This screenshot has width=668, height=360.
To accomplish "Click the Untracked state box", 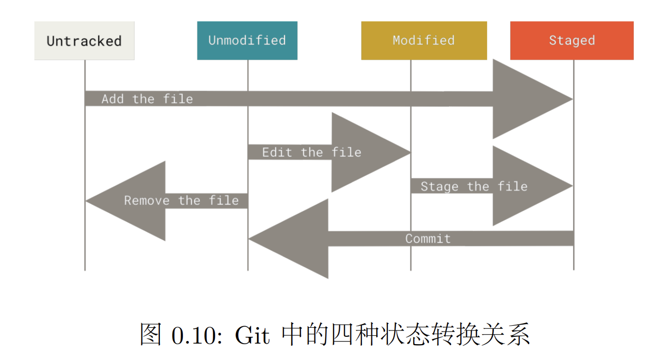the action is click(84, 41).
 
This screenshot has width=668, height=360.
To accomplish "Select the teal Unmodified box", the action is click(247, 41).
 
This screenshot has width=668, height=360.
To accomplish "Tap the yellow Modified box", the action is click(424, 41).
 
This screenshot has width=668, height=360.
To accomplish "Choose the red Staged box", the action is click(572, 41).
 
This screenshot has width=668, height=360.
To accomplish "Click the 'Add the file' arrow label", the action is click(147, 99).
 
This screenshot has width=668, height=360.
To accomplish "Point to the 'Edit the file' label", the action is click(312, 153).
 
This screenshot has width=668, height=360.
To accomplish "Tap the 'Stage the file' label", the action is click(474, 187).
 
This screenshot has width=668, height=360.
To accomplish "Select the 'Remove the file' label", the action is click(182, 201).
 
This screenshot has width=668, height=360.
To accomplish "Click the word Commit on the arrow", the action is click(428, 239).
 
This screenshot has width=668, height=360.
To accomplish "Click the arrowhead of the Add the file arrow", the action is click(532, 99).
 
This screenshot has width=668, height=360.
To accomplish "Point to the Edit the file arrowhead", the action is click(371, 153).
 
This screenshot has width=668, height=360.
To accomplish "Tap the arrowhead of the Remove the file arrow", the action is click(126, 201).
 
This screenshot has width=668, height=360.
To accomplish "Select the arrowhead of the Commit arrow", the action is click(289, 239).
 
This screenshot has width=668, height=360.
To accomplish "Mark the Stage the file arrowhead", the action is click(532, 186).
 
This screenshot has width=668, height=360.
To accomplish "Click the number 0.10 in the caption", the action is click(197, 335).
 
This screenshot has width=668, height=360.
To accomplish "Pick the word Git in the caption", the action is click(252, 335).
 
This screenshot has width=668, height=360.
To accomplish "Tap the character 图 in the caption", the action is click(151, 335).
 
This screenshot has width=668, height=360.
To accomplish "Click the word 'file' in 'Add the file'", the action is click(178, 99).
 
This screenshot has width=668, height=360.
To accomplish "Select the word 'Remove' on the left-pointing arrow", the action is click(147, 201).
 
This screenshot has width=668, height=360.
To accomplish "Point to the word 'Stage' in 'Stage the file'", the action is click(440, 187).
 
